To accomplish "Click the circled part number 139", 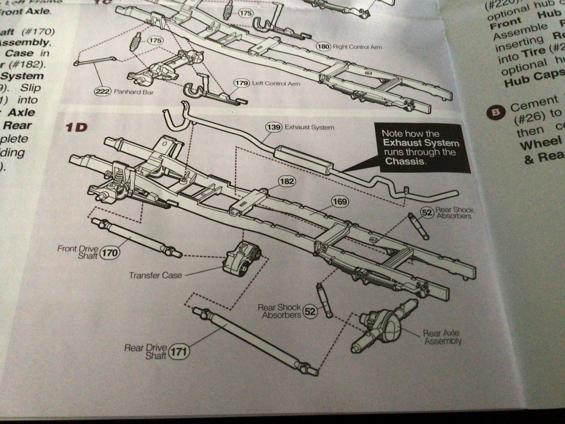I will click(274, 127).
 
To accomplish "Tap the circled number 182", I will click(287, 181).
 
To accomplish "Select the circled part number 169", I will click(340, 202).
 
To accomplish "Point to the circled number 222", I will click(102, 91).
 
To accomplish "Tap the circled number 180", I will click(323, 47).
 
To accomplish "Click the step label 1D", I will click(76, 127).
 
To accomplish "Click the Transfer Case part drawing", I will click(241, 260).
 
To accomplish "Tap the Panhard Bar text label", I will click(134, 92).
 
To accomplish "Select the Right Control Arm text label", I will click(357, 47).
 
